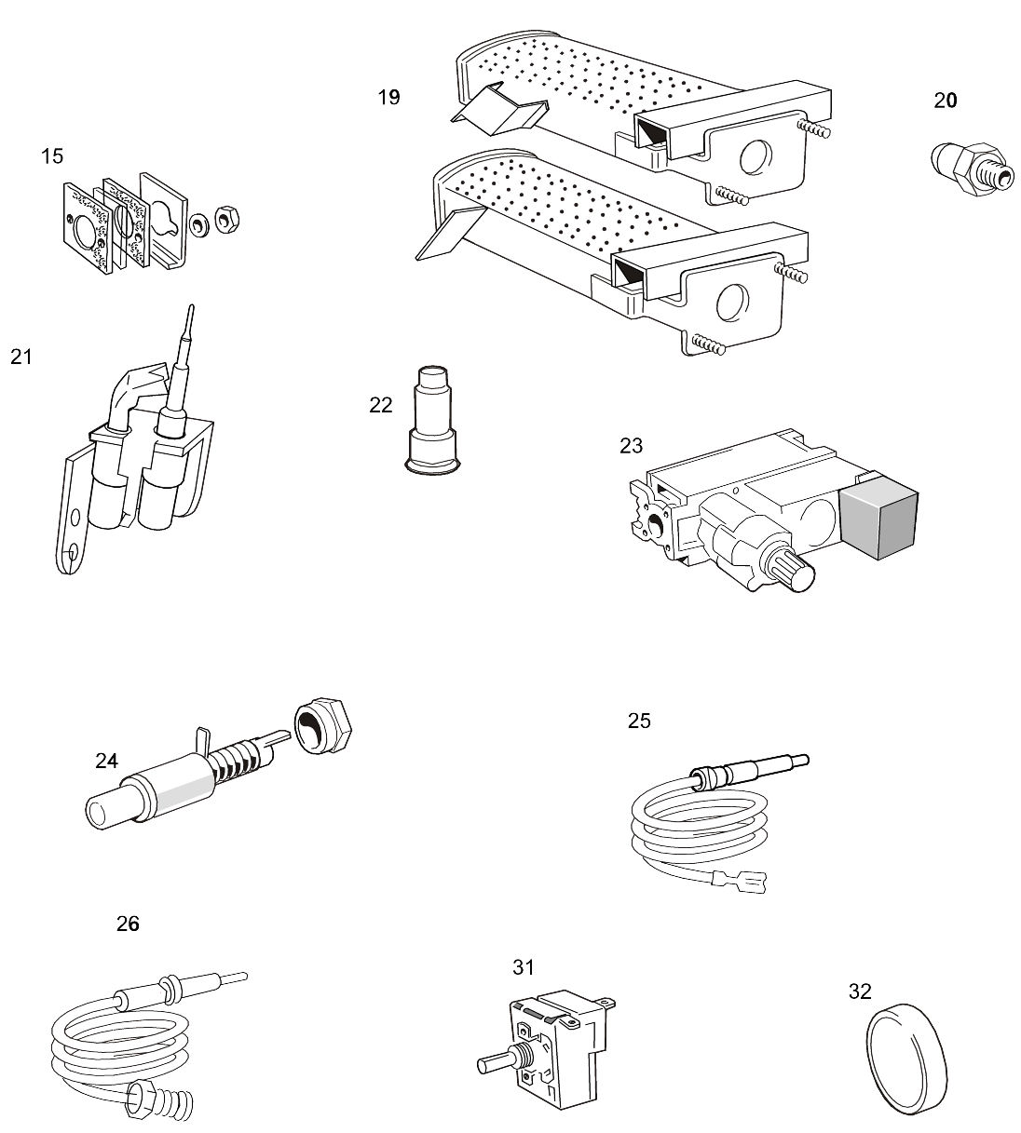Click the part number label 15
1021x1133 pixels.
(x=52, y=156)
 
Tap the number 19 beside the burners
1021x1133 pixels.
(x=388, y=97)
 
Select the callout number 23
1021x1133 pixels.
(x=631, y=446)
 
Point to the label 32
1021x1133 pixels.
(x=859, y=991)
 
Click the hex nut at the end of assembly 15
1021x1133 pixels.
(x=225, y=220)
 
